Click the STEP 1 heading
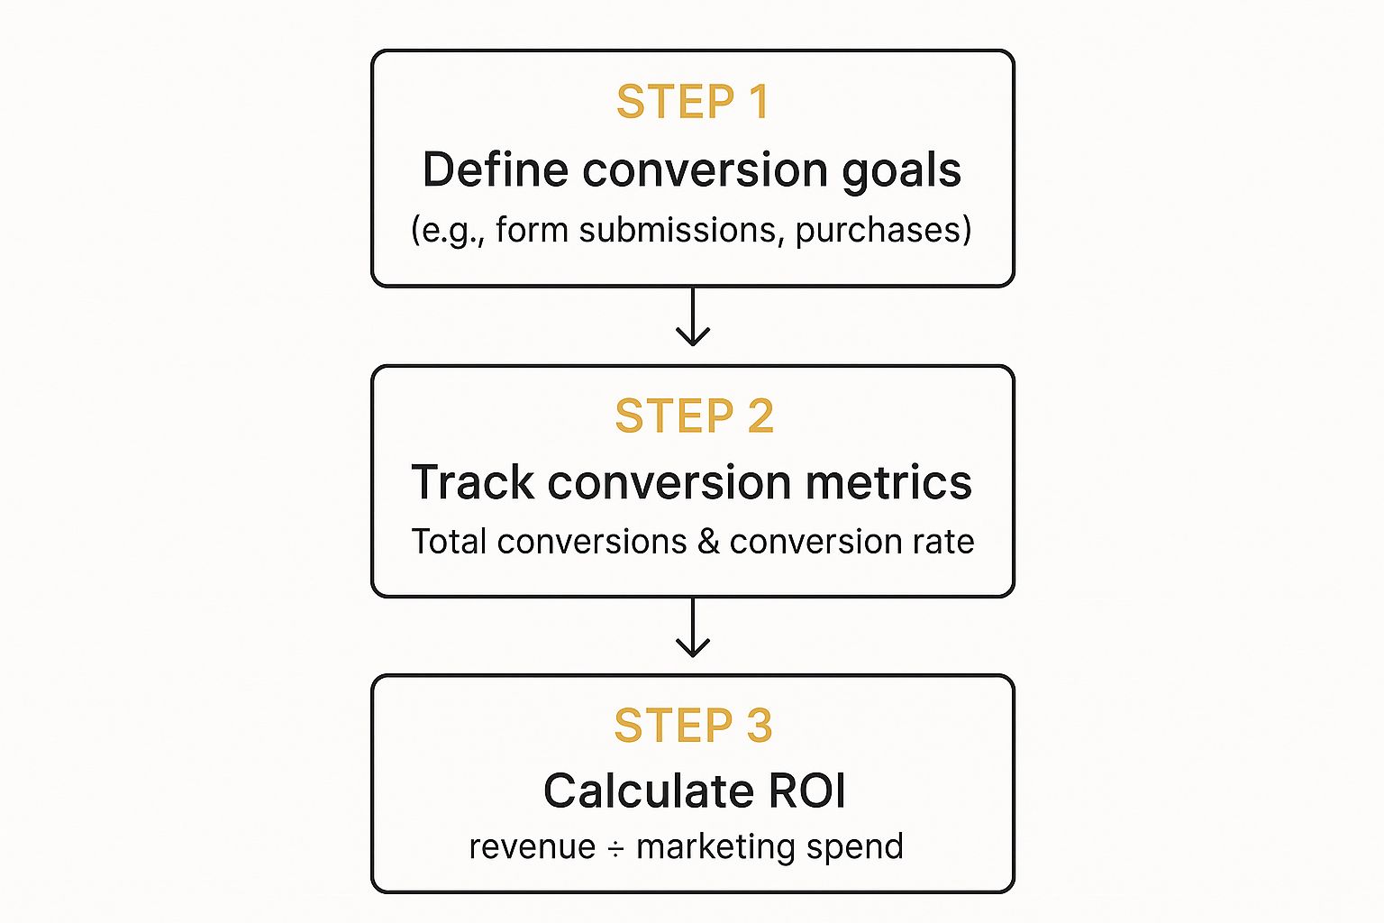[693, 101]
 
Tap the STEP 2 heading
[694, 416]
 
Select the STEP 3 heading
[693, 726]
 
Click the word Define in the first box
[495, 169]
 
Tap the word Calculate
[649, 791]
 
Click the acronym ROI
[806, 791]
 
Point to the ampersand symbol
[708, 542]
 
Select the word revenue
[532, 847]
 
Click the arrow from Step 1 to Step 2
[693, 315]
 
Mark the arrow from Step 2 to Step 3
[693, 626]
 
